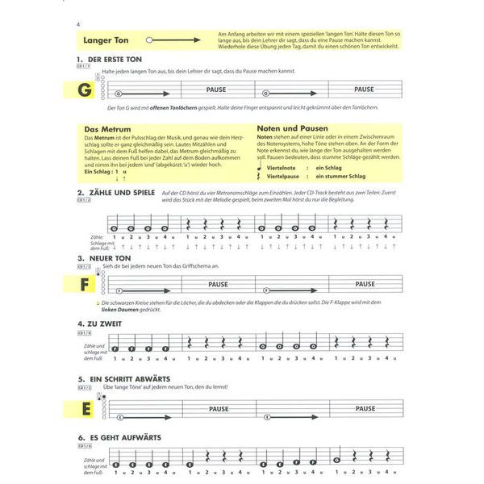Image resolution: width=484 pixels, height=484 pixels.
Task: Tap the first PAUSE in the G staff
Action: click(216, 90)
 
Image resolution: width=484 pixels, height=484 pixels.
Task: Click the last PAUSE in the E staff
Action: click(365, 409)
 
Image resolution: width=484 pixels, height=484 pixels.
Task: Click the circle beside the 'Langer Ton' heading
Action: click(151, 38)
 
